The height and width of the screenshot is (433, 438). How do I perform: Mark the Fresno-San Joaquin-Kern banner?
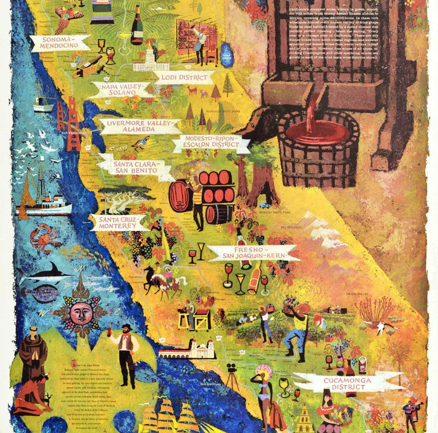tap(252, 253)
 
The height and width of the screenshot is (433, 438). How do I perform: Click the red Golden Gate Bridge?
tap(68, 122)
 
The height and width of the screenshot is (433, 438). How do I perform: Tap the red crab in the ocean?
tap(46, 238)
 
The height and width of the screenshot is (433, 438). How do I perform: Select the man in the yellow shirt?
tap(296, 328)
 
